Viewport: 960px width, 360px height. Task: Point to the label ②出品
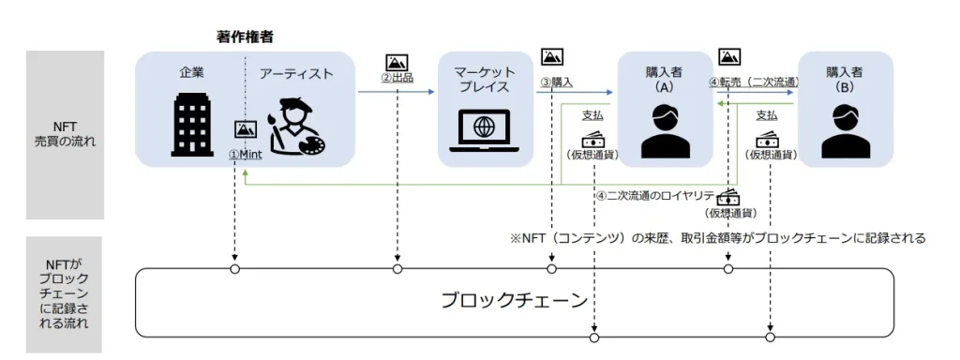click(397, 79)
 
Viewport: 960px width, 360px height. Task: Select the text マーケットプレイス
click(485, 80)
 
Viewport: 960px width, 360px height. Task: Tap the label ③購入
click(556, 82)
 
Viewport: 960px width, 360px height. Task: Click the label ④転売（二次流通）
click(754, 82)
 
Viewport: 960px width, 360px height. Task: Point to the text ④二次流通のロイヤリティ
click(655, 196)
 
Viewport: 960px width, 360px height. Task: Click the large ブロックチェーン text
click(515, 301)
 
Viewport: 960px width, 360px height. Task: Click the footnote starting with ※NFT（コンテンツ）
click(718, 238)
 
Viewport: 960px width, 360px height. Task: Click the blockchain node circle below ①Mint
click(234, 270)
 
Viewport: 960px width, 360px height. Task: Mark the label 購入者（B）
click(845, 79)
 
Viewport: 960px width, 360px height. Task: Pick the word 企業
click(191, 73)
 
